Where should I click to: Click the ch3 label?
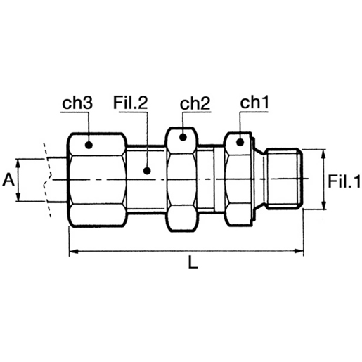(x=77, y=103)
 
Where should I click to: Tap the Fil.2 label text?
(x=130, y=103)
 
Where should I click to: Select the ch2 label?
(x=195, y=103)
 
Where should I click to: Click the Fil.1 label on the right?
(x=344, y=181)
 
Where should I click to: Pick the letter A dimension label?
(x=8, y=180)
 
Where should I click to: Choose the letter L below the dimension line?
(x=193, y=261)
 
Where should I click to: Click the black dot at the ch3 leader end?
(x=89, y=145)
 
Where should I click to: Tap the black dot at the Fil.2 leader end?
(x=147, y=171)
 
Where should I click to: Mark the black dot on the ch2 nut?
(x=183, y=137)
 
